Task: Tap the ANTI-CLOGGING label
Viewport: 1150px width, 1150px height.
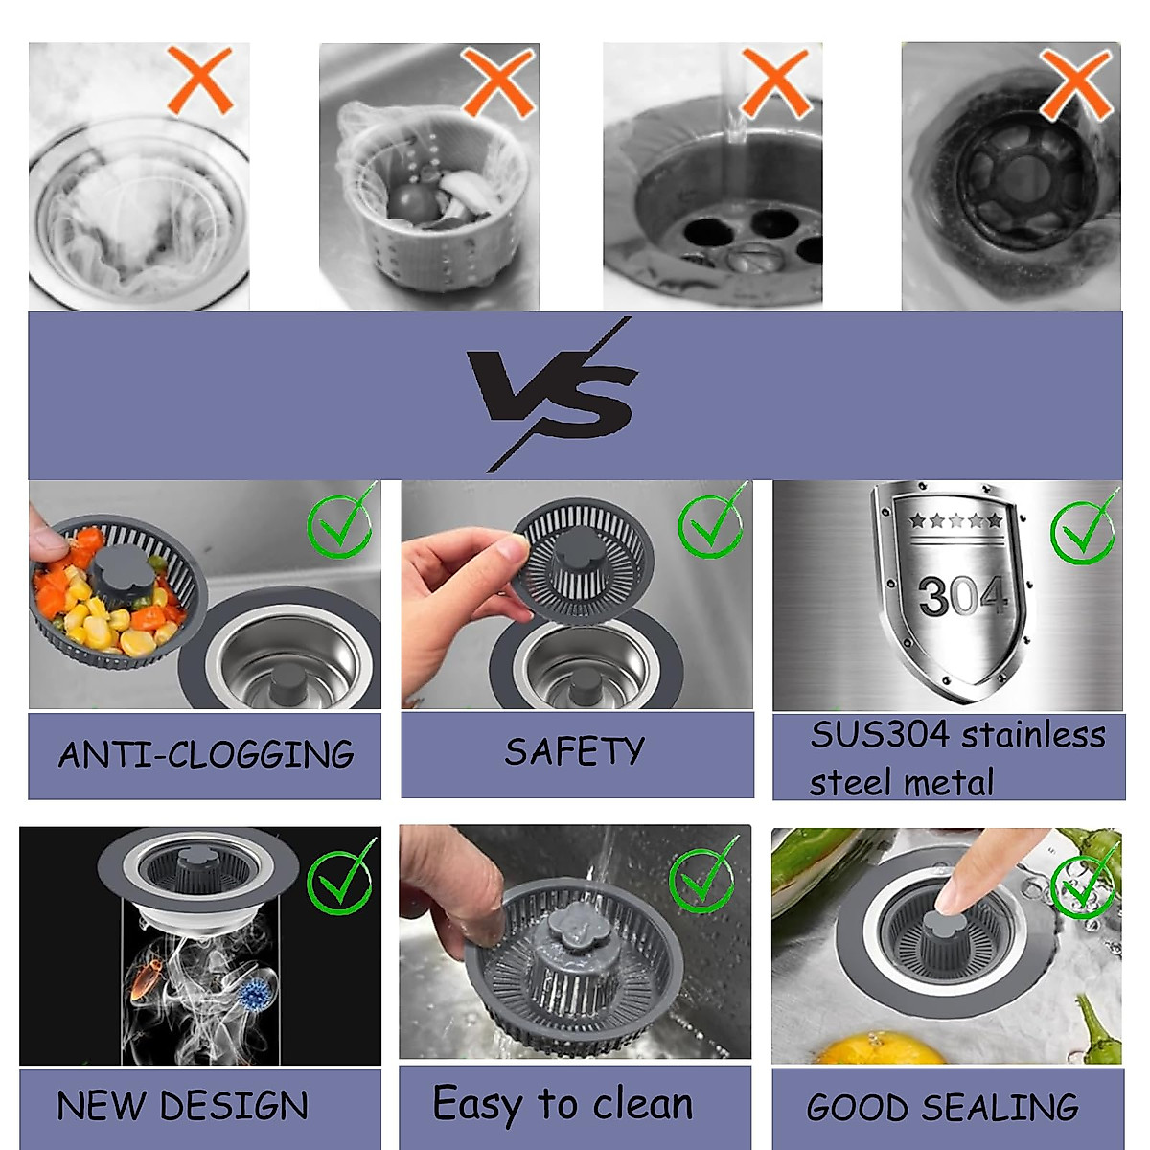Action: point(205,754)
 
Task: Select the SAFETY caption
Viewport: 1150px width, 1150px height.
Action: point(575,751)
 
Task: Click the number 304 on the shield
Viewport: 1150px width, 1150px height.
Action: point(962,597)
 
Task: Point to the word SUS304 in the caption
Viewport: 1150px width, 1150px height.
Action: point(879,735)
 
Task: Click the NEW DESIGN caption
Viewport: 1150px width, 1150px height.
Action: point(183,1106)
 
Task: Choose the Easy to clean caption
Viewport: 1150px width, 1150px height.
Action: point(563,1104)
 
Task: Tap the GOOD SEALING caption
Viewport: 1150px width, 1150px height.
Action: point(943,1108)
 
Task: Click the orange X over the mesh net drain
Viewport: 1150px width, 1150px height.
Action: point(199,80)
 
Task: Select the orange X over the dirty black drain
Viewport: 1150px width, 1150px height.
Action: point(1075,84)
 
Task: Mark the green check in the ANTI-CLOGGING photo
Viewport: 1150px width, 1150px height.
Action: point(340,522)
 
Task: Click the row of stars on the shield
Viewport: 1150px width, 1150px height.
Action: point(955,521)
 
